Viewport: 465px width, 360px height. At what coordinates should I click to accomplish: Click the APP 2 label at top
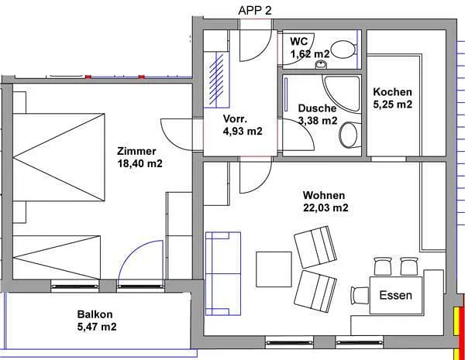(x=255, y=11)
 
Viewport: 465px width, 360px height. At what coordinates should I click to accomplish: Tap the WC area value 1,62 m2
(x=310, y=54)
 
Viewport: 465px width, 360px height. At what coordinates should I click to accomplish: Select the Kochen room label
(x=392, y=92)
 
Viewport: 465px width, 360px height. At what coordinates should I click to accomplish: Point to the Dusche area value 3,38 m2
(x=318, y=121)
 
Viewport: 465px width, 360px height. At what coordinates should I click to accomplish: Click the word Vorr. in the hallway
(x=235, y=118)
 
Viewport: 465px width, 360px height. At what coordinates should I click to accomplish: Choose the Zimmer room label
(x=136, y=151)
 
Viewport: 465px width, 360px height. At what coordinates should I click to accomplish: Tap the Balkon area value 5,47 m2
(x=97, y=327)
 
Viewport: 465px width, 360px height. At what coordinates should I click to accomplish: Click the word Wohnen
(x=324, y=195)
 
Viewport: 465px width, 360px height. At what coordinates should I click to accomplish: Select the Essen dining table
(x=396, y=295)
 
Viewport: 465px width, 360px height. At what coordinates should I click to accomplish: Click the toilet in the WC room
(x=343, y=50)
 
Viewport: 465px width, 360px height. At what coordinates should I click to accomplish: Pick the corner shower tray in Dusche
(x=342, y=94)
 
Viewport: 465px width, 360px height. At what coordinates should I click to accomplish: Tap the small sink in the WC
(x=321, y=63)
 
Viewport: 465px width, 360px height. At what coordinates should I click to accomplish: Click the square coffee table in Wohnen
(x=274, y=269)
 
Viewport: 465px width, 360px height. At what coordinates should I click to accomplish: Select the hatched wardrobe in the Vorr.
(x=216, y=80)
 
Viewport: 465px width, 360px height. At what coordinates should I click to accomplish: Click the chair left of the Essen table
(x=360, y=295)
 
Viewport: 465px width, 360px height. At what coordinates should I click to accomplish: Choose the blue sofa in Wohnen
(x=223, y=273)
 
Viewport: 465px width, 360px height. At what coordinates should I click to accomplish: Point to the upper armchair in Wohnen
(x=315, y=246)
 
